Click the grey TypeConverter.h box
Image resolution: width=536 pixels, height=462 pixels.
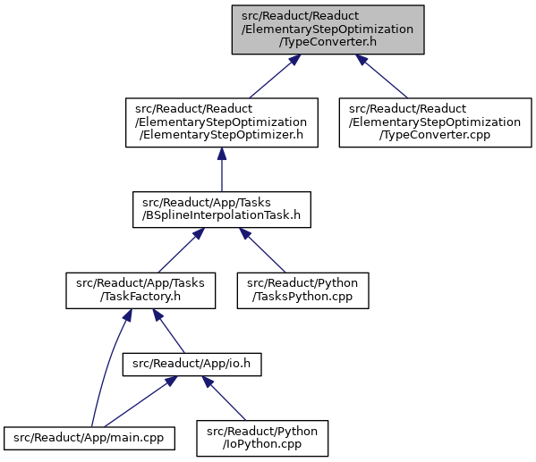[328, 29]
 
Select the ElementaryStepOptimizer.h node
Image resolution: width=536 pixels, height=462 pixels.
[222, 122]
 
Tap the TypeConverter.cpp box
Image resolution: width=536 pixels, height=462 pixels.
[435, 122]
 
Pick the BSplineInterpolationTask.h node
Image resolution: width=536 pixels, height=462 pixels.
[222, 209]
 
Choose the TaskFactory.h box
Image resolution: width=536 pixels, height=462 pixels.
[140, 290]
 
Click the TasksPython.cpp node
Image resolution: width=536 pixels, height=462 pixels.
[302, 290]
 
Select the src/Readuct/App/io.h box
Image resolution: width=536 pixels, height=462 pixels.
[192, 365]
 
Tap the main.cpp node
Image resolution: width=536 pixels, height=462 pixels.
[89, 438]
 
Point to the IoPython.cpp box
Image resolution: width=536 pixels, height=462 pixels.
[262, 438]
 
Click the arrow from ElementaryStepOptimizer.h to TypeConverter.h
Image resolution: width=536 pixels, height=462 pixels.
[276, 77]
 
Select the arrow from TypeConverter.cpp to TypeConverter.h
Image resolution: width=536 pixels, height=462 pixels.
[381, 77]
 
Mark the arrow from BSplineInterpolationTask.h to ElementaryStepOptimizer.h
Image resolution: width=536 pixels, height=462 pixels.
[222, 170]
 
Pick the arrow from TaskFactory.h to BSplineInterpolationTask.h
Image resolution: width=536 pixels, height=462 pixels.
[182, 250]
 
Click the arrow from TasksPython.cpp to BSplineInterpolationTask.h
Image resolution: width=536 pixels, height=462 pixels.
[262, 250]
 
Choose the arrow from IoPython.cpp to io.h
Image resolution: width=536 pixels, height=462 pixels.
[224, 399]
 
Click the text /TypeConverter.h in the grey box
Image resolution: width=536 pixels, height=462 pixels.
[328, 42]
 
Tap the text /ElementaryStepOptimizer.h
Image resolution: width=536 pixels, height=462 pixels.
[221, 135]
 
